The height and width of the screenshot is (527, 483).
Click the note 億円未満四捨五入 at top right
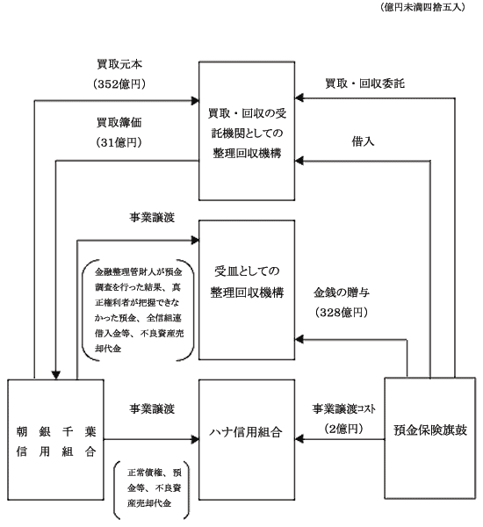point(422,7)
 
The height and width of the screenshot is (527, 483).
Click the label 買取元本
point(119,64)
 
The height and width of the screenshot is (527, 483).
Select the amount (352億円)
point(119,83)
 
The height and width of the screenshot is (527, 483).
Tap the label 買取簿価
point(119,122)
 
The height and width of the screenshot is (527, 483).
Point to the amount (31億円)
point(119,142)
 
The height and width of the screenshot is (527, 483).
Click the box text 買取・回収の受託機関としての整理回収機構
point(247,134)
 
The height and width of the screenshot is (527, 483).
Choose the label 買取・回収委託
point(365,83)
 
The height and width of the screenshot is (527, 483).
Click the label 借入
point(363,141)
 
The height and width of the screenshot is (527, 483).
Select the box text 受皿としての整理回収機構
point(247,282)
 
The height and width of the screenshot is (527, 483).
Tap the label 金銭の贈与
point(342,292)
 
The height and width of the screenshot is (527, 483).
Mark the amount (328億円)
point(342,312)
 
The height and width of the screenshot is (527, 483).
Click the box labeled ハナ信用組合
point(247,440)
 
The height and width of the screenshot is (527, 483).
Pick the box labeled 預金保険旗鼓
point(430,438)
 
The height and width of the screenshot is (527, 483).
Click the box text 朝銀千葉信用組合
point(56,441)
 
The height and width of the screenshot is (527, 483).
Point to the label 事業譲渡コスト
point(344,408)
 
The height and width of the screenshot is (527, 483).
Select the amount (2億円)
point(344,429)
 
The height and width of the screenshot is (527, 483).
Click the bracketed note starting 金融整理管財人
point(139,310)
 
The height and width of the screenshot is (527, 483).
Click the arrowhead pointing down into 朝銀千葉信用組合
point(56,375)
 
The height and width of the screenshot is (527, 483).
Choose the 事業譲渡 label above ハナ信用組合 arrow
point(152,408)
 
